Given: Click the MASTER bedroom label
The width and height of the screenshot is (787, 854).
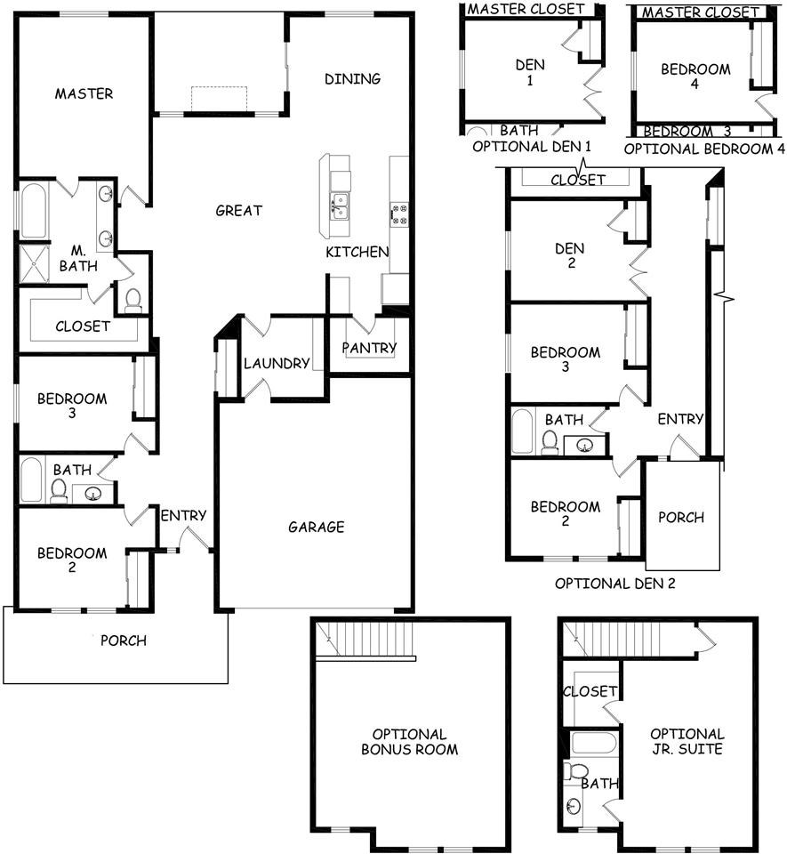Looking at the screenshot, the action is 84,93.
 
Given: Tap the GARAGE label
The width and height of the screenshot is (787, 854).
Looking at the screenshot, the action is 317,527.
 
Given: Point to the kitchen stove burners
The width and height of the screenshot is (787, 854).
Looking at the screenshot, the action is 399,213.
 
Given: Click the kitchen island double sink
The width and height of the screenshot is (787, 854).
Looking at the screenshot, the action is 340,206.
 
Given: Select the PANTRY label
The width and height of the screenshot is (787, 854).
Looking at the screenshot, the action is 369,348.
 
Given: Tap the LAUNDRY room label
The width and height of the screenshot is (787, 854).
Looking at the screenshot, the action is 277,363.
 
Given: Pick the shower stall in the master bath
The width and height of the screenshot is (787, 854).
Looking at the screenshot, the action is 34,264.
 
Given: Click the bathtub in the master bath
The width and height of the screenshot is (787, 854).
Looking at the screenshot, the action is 34,211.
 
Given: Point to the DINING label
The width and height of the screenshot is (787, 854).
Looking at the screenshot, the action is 353,79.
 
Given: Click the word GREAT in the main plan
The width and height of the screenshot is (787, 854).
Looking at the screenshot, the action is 239,210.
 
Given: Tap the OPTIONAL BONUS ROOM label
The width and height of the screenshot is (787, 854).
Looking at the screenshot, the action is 409,742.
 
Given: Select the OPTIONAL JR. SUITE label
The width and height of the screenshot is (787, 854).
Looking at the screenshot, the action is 687,741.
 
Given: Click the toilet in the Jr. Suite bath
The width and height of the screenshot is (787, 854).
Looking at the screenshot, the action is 576,771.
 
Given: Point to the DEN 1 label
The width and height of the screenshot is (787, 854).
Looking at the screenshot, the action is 530,72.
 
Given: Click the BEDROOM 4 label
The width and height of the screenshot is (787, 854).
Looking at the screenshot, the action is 695,77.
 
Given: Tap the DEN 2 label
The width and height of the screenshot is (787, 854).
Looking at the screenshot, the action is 569,255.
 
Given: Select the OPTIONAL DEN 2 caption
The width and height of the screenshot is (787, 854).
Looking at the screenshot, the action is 615,584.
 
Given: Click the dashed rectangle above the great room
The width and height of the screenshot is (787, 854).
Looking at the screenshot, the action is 219,99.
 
